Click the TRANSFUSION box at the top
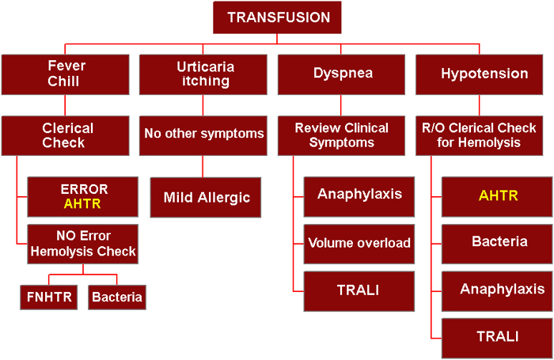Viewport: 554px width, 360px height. pos(277,17)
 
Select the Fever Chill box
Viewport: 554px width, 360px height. pos(66,74)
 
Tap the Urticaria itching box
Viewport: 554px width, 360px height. pos(203,74)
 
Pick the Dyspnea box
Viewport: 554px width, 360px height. pos(341,74)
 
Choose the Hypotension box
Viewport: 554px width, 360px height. pos(479,74)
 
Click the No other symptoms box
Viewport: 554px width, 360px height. pos(203,135)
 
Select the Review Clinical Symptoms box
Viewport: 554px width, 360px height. pos(341,135)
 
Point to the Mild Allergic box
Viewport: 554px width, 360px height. pos(206,197)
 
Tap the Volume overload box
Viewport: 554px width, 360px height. pos(359,244)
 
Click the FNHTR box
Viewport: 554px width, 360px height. pos(49,297)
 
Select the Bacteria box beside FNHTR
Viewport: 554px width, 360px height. pos(117,297)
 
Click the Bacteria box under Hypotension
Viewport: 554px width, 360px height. pos(497,244)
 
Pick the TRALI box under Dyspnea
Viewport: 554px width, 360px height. pos(359,291)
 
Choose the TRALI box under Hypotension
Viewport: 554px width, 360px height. pos(497,338)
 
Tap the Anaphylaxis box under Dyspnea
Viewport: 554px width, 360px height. pos(359,197)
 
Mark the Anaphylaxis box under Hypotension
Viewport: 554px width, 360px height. pos(497,291)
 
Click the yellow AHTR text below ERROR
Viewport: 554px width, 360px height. pos(82,204)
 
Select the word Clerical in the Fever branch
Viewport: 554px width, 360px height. pos(68,128)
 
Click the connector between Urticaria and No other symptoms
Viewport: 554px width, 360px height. pos(203,105)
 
